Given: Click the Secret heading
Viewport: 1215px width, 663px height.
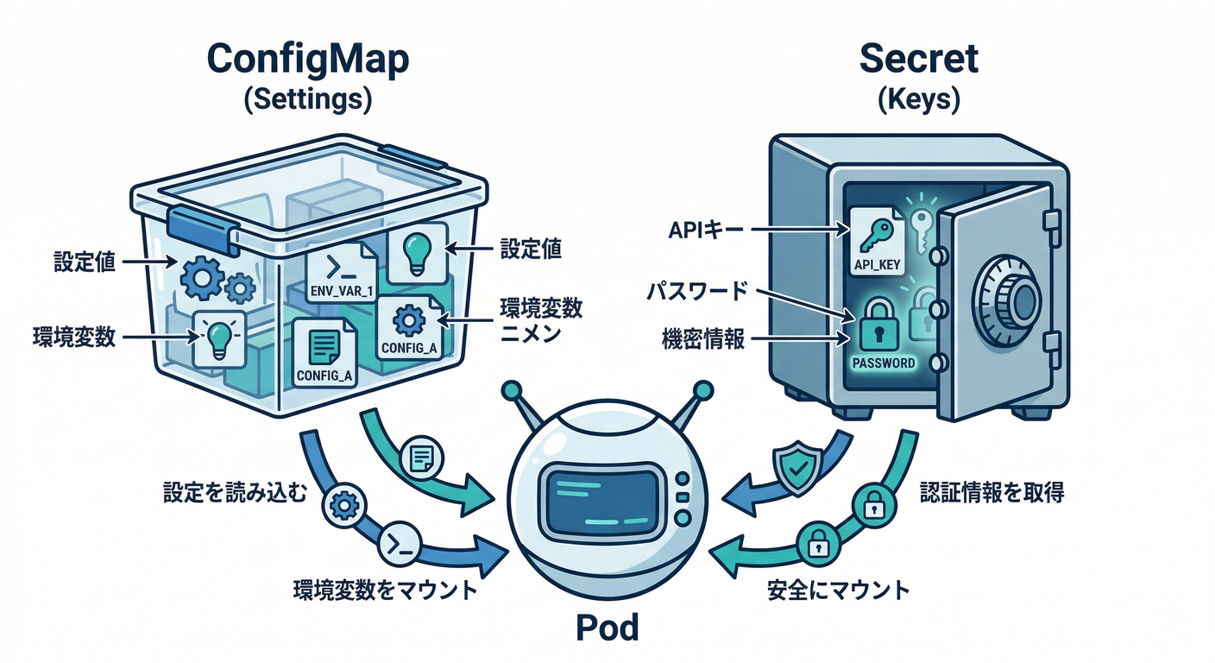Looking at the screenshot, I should pos(919,60).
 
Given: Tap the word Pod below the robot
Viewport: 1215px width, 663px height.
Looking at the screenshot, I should pos(607,628).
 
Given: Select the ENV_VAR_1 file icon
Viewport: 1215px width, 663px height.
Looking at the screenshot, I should pos(342,271).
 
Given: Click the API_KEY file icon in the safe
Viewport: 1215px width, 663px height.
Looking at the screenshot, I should pos(877,241).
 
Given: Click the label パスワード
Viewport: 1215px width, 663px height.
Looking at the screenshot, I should pos(697,291).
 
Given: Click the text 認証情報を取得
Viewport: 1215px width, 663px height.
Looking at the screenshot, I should pos(992,492).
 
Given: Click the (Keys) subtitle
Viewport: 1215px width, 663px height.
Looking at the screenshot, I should pos(919,99).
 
